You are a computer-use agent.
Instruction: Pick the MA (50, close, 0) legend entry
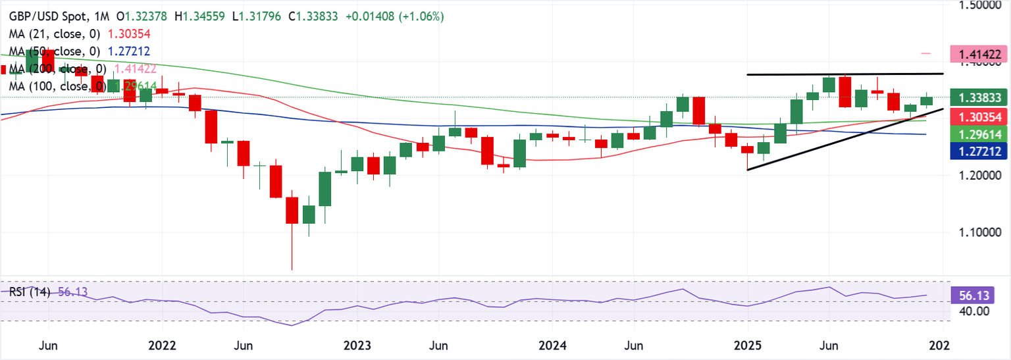tap(53, 51)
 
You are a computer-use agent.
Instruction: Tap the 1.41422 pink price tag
tap(979, 54)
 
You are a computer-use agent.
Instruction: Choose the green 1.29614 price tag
tap(979, 134)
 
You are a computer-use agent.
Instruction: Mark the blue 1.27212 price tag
tap(979, 151)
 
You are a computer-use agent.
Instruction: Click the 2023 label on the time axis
tap(356, 345)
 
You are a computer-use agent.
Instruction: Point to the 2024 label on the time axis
tap(551, 345)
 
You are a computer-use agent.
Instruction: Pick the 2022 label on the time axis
tap(162, 345)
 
